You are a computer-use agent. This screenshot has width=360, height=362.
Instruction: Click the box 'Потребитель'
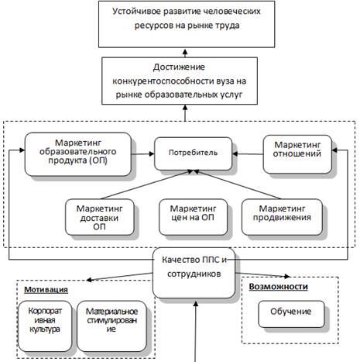click(x=193, y=153)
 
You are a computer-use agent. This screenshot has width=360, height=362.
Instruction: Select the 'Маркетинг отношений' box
click(x=297, y=154)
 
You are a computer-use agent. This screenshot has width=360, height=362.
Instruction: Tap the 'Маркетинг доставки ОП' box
click(x=100, y=217)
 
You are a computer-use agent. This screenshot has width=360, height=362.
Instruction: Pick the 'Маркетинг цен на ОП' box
click(x=193, y=217)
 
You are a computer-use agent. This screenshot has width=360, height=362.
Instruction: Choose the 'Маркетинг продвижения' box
click(x=282, y=217)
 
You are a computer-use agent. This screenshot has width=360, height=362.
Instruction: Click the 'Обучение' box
click(x=291, y=314)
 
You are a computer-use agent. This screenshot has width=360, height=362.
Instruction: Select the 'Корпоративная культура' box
click(x=45, y=326)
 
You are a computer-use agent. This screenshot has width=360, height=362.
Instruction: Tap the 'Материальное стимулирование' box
click(x=111, y=326)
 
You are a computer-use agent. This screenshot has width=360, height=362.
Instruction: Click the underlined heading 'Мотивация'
click(x=46, y=290)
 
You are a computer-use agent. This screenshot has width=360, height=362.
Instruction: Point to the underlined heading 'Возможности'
click(x=279, y=287)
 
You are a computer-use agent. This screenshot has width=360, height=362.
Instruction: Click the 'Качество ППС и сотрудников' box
click(x=194, y=273)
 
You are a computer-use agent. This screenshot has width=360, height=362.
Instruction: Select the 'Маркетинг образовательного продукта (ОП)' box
click(x=78, y=154)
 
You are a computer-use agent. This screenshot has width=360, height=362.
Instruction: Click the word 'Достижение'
click(x=179, y=67)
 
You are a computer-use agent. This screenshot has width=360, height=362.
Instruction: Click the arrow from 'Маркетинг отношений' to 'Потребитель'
click(x=248, y=154)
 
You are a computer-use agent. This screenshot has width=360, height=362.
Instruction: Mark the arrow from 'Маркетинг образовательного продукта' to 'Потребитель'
click(x=142, y=154)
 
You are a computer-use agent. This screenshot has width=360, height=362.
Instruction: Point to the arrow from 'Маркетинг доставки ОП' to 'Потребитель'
click(x=146, y=184)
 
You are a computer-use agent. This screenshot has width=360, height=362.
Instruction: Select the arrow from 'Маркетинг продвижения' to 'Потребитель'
click(x=237, y=184)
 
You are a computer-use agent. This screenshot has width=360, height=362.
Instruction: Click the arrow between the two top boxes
click(x=185, y=53)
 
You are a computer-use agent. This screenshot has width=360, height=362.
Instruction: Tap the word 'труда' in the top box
click(x=227, y=26)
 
